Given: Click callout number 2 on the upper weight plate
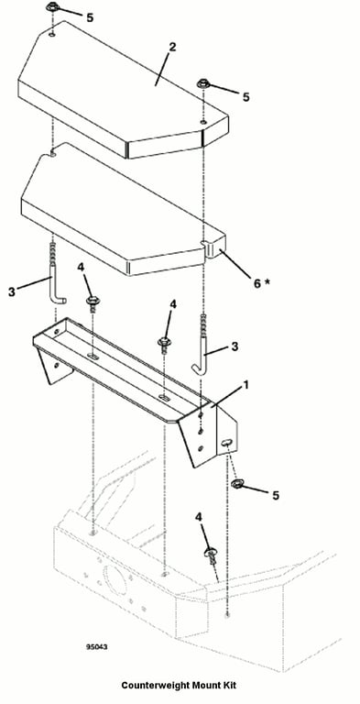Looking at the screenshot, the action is click(172, 47).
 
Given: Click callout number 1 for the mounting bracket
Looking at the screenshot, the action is click(245, 386).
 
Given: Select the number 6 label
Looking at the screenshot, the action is click(257, 284).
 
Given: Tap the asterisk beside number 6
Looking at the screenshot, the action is click(268, 281).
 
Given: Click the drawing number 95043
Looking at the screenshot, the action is click(96, 647).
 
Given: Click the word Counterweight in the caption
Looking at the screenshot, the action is click(152, 686).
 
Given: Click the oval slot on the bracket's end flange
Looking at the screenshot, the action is click(227, 443).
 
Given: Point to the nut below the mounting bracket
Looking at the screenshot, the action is click(236, 484).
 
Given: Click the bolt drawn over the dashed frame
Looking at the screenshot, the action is click(211, 555).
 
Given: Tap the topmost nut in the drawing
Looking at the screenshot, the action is click(51, 7).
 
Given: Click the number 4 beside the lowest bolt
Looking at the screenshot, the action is click(200, 517).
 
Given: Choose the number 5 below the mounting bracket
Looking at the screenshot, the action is click(275, 495).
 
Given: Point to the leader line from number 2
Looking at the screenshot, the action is click(163, 68).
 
